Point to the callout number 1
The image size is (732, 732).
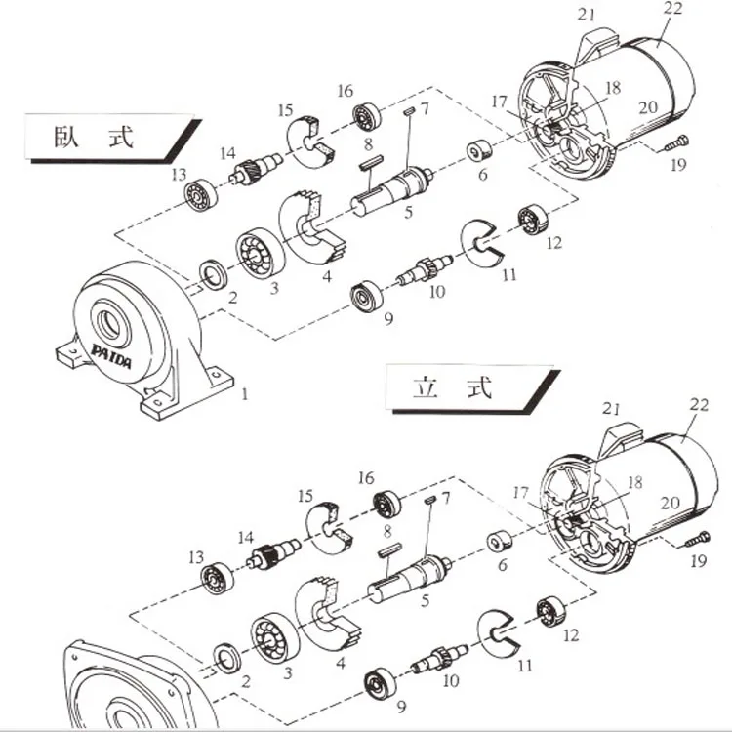click(x=245, y=394)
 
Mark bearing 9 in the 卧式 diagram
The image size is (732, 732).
click(x=368, y=295)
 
